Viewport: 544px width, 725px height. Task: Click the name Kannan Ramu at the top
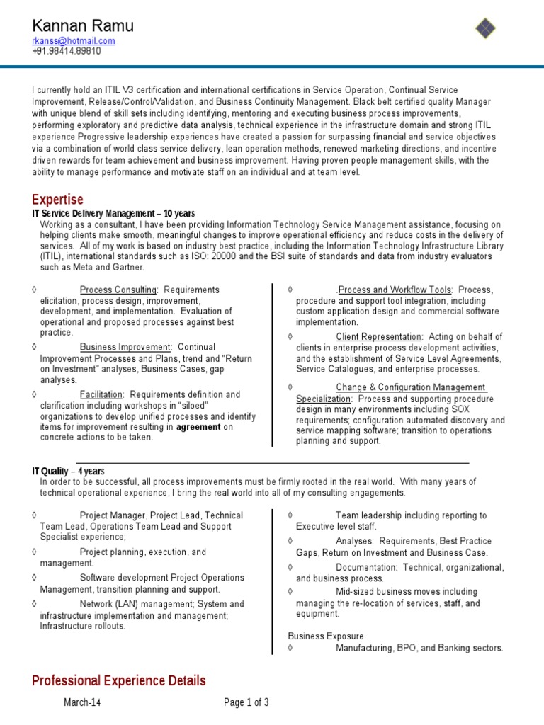[x=83, y=26]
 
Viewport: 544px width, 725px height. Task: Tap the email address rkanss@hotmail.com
[x=74, y=41]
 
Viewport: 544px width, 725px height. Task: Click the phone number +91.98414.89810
[x=67, y=51]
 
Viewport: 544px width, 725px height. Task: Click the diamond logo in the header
[x=485, y=28]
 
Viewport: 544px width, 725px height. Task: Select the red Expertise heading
[x=57, y=200]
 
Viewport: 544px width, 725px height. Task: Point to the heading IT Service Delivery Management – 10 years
[x=113, y=214]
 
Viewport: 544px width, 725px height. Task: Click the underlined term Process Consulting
[x=118, y=290]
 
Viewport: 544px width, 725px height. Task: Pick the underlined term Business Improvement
[x=125, y=348]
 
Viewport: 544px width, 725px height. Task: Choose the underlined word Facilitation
[x=102, y=394]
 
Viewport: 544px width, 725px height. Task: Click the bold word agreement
[x=198, y=427]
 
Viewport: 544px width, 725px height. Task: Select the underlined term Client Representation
[x=379, y=337]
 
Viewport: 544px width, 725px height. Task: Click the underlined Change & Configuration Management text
[x=411, y=387]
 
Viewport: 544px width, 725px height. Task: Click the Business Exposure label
[x=326, y=636]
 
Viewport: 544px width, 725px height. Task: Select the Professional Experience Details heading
[x=119, y=680]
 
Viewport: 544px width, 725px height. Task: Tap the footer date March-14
[x=83, y=702]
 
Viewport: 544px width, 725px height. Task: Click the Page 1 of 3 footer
[x=246, y=702]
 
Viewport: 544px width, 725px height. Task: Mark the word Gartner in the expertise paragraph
[x=127, y=268]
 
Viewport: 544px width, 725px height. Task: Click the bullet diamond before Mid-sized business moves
[x=291, y=591]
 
